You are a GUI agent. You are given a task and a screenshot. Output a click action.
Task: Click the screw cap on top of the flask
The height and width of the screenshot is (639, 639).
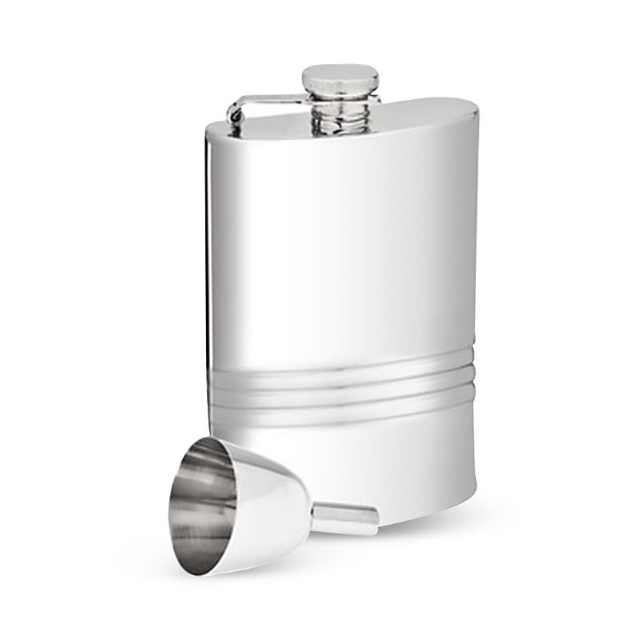340,79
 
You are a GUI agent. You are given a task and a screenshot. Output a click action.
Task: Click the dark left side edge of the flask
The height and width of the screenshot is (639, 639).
210,280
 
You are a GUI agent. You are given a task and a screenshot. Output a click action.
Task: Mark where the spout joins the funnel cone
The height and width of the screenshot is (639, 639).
314,515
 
